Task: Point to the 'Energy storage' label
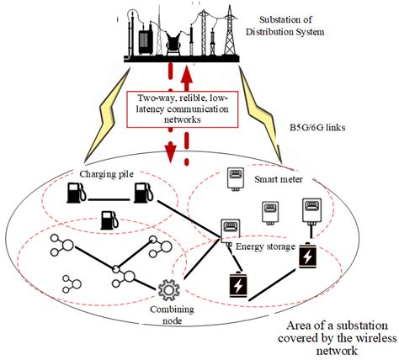261,246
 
